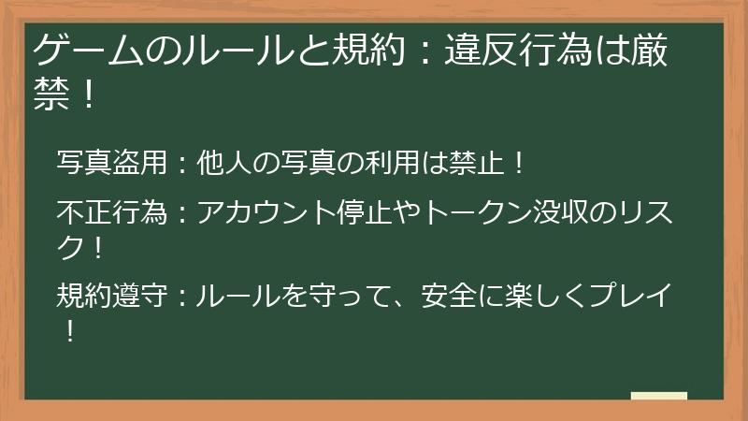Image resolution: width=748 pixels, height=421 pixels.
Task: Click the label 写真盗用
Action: click(112, 165)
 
